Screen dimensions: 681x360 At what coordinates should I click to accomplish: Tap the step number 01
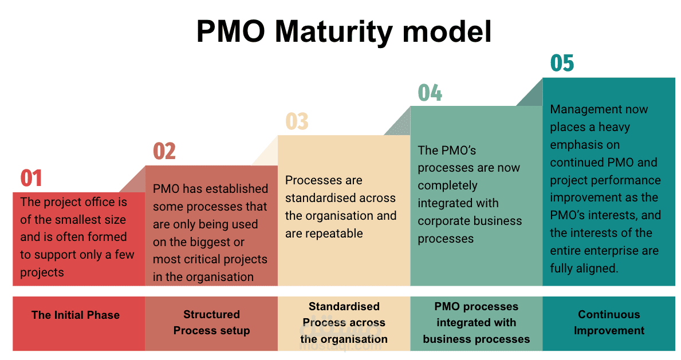click(32, 179)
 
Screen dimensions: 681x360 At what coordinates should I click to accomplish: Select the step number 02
click(164, 151)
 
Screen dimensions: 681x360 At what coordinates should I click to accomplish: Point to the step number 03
click(297, 121)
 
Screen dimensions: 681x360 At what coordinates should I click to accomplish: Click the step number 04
click(430, 93)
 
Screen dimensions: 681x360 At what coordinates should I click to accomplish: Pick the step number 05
click(562, 63)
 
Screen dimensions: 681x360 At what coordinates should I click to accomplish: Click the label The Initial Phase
click(76, 315)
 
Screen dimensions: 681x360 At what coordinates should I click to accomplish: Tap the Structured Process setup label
click(211, 322)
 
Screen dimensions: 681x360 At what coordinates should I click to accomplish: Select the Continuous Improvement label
click(609, 322)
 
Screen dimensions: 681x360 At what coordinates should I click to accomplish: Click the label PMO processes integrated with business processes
click(477, 323)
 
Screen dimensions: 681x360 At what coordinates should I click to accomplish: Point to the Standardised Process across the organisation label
click(344, 323)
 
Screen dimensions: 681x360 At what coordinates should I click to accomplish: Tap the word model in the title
click(447, 31)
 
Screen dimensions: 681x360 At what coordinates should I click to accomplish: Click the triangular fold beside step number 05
click(534, 96)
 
